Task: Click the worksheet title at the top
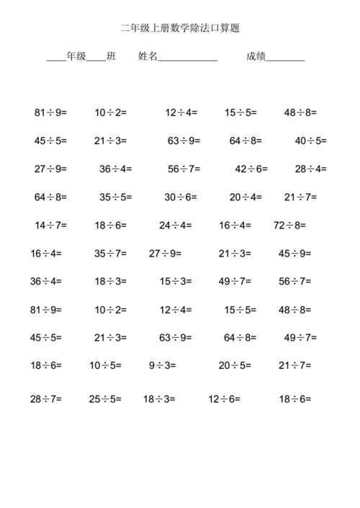pos(179,28)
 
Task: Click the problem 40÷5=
pos(310,141)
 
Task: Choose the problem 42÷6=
pos(251,169)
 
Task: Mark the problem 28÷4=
pos(310,169)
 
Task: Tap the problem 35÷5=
pos(115,197)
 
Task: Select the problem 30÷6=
pos(180,197)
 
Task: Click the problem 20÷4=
pos(246,197)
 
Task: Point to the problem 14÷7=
pos(50,225)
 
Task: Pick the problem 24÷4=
pos(176,225)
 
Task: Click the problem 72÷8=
pos(289,225)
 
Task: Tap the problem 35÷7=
pos(110,253)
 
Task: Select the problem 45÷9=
pos(294,253)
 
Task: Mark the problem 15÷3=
pos(176,281)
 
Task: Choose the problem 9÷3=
pos(162,365)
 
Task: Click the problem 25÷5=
pos(106,398)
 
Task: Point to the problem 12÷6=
pos(225,398)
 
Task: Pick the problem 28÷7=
pos(46,398)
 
